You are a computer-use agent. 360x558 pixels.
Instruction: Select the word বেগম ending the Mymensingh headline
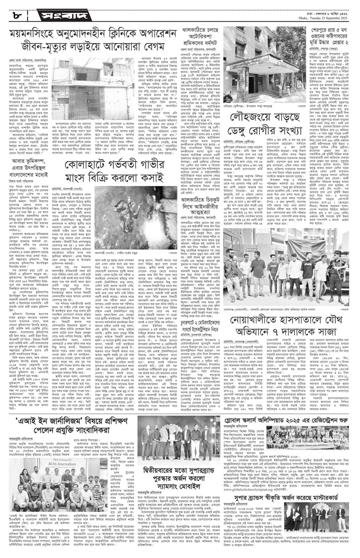click(x=163, y=53)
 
